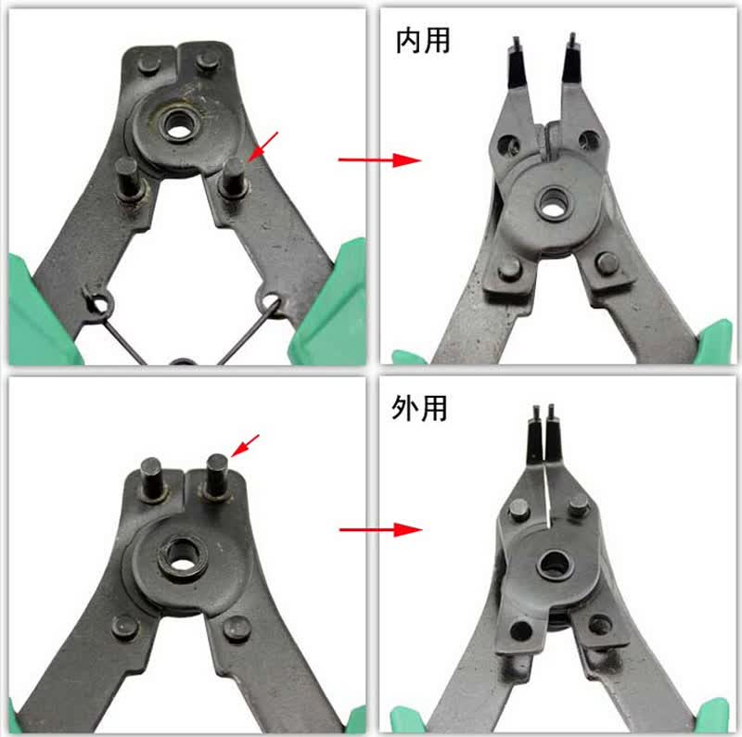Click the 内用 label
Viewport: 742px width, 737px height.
(423, 41)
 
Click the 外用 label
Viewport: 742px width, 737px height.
(419, 408)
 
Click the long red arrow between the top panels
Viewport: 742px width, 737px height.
(379, 159)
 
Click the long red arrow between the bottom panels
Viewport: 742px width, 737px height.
(380, 529)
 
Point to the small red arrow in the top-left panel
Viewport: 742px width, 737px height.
(263, 146)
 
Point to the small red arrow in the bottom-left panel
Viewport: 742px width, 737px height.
(245, 446)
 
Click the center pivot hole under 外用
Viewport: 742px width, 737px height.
(554, 565)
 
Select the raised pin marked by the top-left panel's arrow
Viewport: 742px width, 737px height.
(234, 178)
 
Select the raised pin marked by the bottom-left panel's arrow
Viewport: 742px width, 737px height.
(216, 476)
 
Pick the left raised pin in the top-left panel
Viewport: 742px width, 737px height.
(127, 179)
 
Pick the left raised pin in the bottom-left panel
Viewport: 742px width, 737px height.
(153, 478)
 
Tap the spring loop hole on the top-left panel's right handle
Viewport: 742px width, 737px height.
(269, 300)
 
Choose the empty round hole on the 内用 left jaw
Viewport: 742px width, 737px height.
(507, 143)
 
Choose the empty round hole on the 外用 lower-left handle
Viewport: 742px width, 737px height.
(520, 630)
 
